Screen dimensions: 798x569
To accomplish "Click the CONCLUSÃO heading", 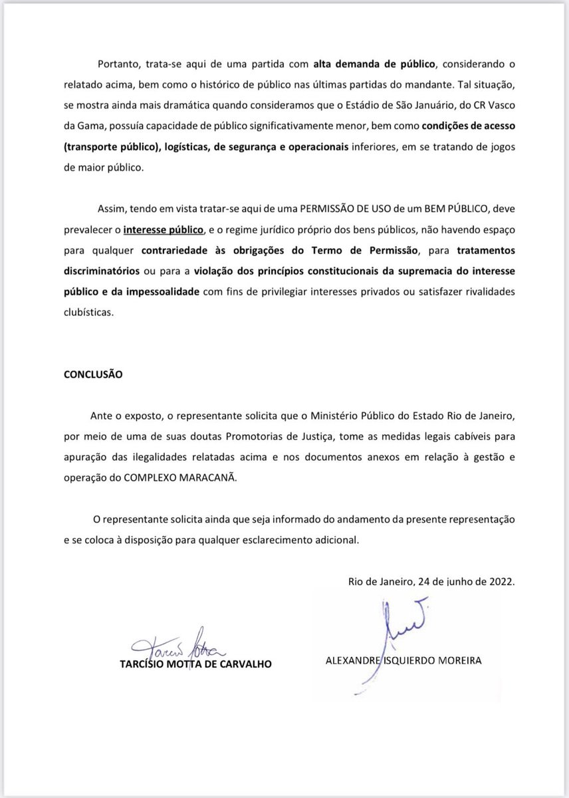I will [x=93, y=374].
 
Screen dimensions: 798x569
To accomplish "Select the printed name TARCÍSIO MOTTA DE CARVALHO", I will [x=195, y=664].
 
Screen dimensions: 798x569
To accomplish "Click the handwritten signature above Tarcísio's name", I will [x=179, y=644].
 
